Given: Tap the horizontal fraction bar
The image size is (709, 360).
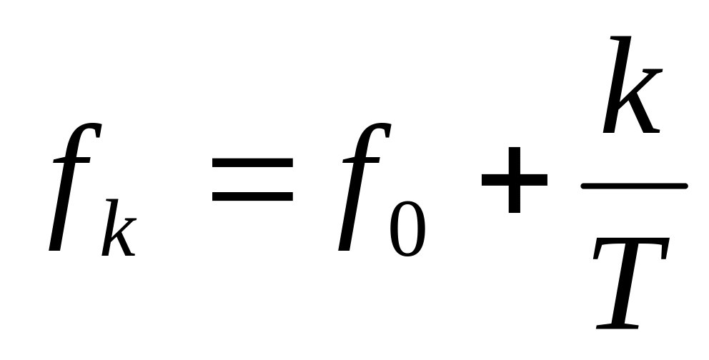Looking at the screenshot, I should [634, 186].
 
